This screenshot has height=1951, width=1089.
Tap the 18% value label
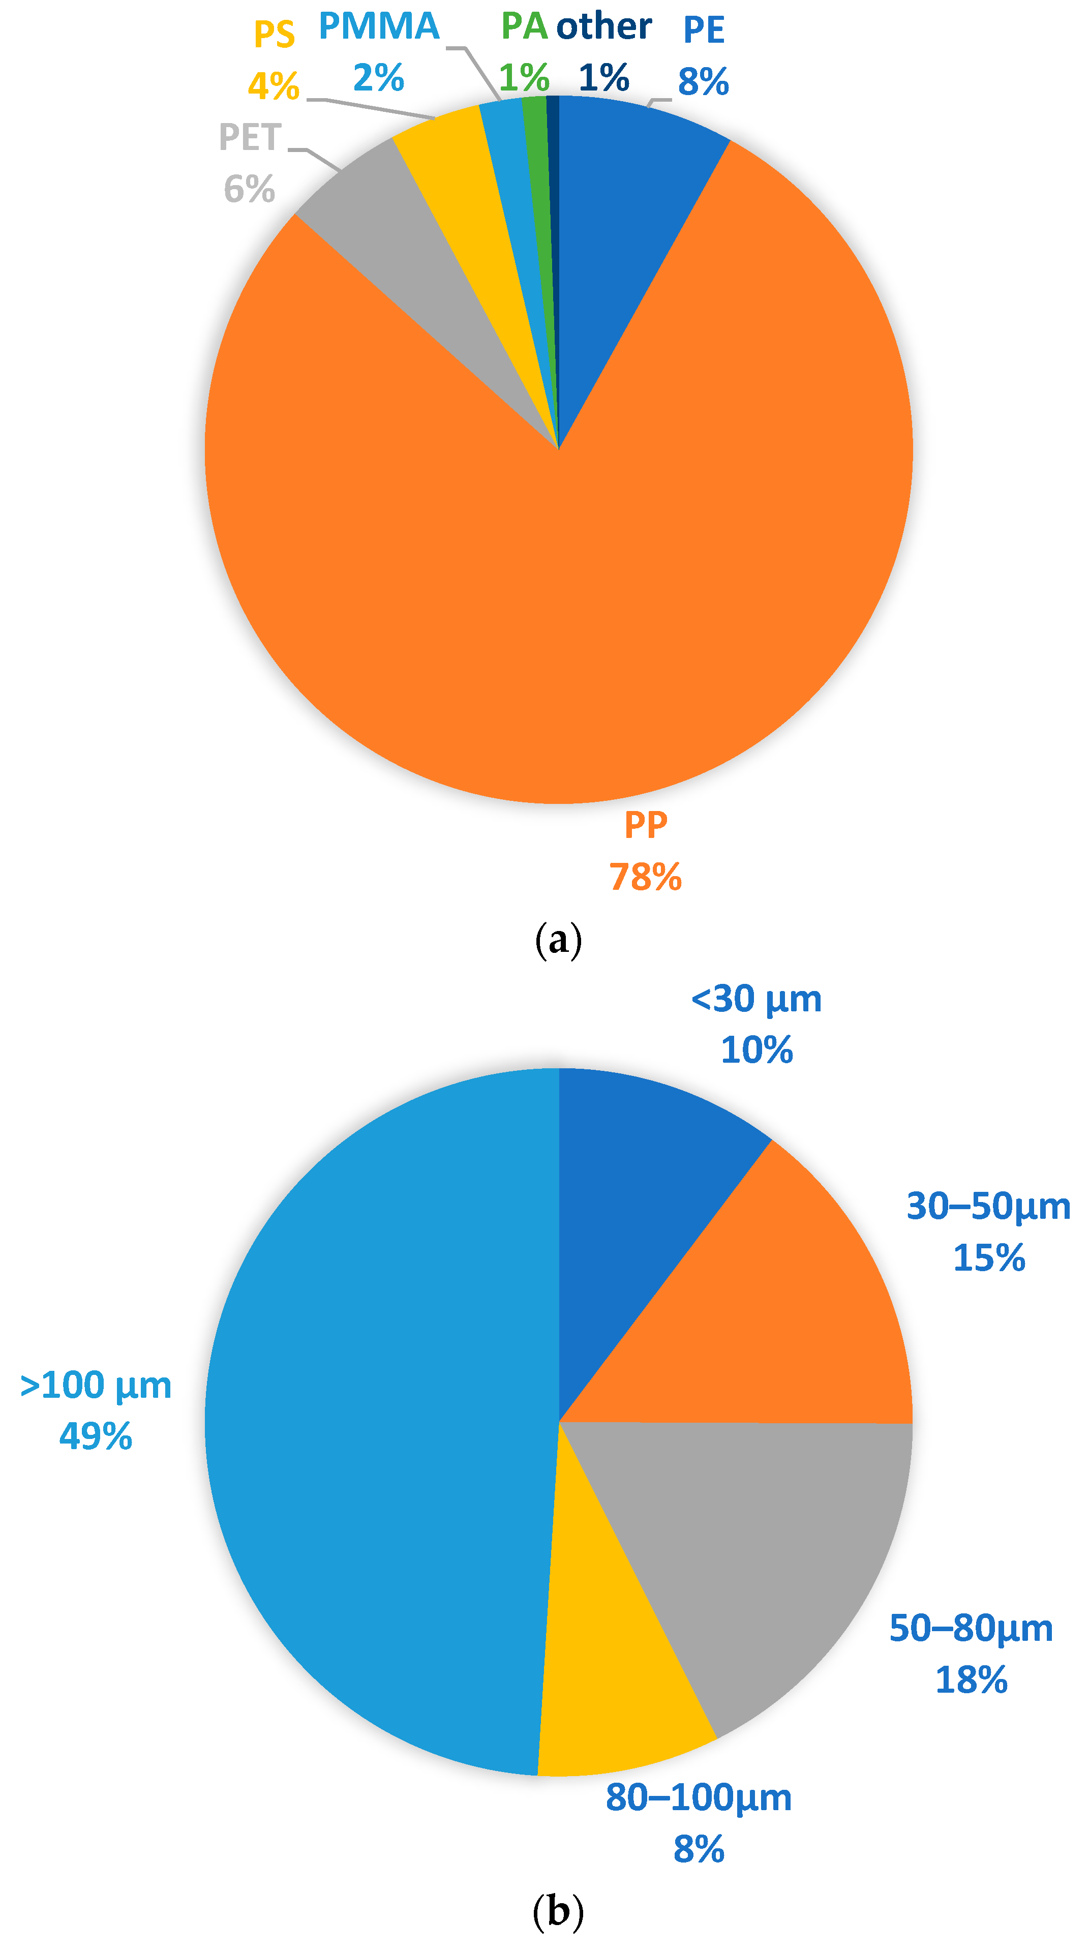(x=971, y=1680)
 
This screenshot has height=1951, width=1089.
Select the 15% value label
(x=988, y=1257)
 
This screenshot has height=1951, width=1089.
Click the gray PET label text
(x=250, y=138)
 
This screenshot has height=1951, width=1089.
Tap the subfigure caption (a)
(x=558, y=940)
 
